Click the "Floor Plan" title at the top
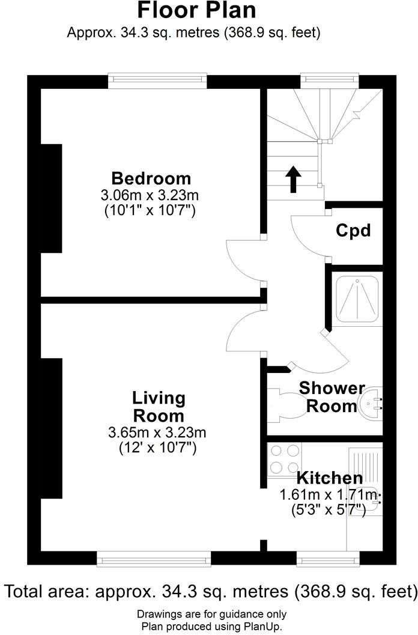click(x=197, y=10)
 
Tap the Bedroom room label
click(x=151, y=178)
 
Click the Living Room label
click(x=159, y=407)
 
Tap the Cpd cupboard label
click(x=353, y=230)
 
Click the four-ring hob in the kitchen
click(x=285, y=459)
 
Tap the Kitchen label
click(x=330, y=478)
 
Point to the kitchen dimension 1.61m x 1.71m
click(x=330, y=495)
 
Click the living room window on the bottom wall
click(x=154, y=560)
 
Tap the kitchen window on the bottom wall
click(x=329, y=560)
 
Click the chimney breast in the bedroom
click(x=51, y=198)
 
